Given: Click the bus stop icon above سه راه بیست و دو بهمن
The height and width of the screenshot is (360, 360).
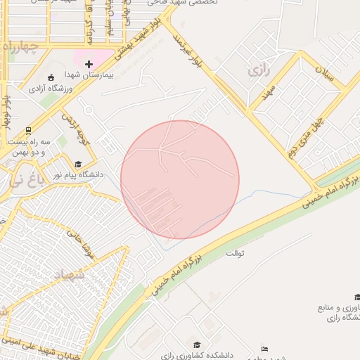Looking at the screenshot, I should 28,130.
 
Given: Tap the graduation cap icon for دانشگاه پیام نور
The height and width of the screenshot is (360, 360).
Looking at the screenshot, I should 78,164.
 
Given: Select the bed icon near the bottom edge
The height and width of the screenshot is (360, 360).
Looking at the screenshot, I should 264,349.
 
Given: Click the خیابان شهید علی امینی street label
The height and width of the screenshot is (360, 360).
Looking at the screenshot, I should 39,347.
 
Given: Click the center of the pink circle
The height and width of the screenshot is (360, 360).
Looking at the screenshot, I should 180,179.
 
